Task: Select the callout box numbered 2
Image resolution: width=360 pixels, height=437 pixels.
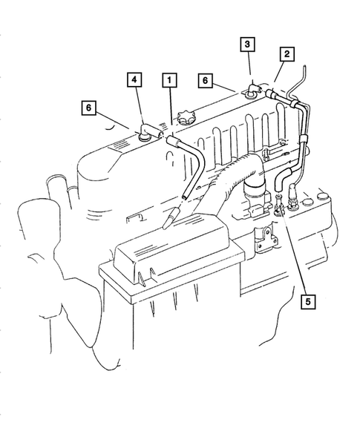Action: pyautogui.click(x=286, y=53)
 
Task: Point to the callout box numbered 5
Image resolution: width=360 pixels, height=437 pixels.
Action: pyautogui.click(x=308, y=301)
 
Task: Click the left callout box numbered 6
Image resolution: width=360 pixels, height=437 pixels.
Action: pyautogui.click(x=89, y=108)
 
